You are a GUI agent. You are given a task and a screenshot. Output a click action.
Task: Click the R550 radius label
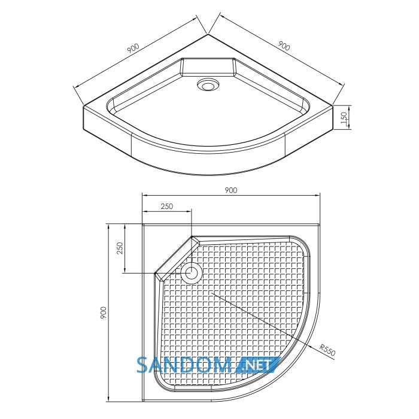(x=327, y=350)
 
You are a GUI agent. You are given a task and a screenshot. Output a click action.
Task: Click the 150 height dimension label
(x=344, y=118)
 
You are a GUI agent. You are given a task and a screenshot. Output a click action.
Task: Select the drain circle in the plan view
(x=192, y=273)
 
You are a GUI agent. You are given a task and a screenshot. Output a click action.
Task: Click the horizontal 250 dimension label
(x=167, y=207)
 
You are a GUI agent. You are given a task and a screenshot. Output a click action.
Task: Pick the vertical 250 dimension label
(x=120, y=248)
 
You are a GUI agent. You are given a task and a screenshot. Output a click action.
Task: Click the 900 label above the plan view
(x=231, y=190)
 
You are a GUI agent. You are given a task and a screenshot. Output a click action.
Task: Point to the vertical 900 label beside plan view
(x=104, y=312)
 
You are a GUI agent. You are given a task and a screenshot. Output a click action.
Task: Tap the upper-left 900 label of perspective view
(x=133, y=48)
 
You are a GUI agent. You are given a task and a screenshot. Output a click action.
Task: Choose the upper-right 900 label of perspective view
(x=284, y=46)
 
